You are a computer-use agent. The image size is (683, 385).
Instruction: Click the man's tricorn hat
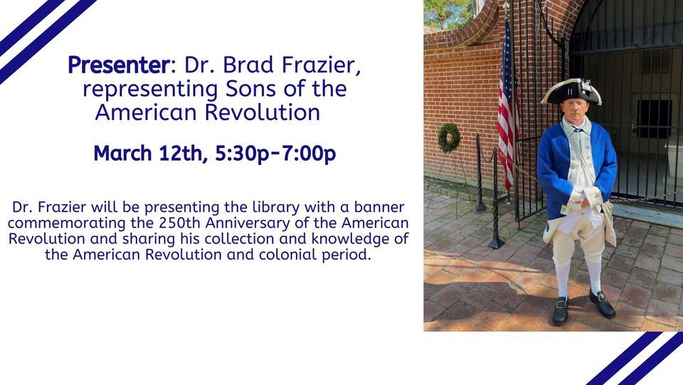pyautogui.click(x=571, y=92)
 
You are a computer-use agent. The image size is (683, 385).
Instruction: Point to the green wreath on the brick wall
pyautogui.click(x=449, y=137)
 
